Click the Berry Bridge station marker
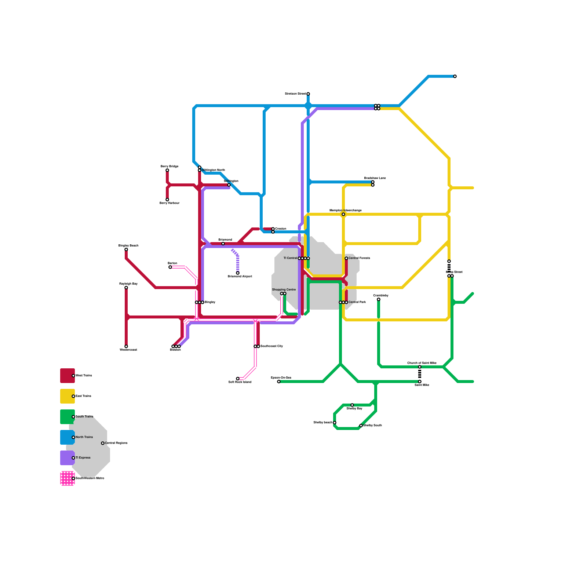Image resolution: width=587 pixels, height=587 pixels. click(x=167, y=170)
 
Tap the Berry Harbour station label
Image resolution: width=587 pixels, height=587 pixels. click(x=169, y=203)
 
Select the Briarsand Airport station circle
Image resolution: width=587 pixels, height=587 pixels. click(x=238, y=273)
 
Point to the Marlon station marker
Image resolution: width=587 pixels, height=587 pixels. click(x=170, y=267)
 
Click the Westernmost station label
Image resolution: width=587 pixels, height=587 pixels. click(x=128, y=350)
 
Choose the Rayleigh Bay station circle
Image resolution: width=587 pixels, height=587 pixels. click(x=126, y=288)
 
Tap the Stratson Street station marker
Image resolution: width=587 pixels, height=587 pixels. click(x=308, y=94)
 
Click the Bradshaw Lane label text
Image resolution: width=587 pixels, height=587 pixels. click(x=375, y=178)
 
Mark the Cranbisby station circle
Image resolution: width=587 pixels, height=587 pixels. click(x=379, y=299)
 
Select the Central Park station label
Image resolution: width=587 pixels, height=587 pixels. click(x=357, y=302)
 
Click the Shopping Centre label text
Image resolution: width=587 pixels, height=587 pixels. click(x=284, y=289)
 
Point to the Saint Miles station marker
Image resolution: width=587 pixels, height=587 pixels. click(x=420, y=382)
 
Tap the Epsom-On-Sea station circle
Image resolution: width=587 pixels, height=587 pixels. click(x=279, y=382)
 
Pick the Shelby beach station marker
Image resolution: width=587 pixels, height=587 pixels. click(x=335, y=423)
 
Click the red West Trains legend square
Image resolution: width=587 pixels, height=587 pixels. click(x=68, y=376)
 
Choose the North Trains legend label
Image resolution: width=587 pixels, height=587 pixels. click(x=84, y=437)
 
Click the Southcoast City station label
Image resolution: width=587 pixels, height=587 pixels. click(x=271, y=346)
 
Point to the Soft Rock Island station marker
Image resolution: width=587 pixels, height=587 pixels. click(x=238, y=379)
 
